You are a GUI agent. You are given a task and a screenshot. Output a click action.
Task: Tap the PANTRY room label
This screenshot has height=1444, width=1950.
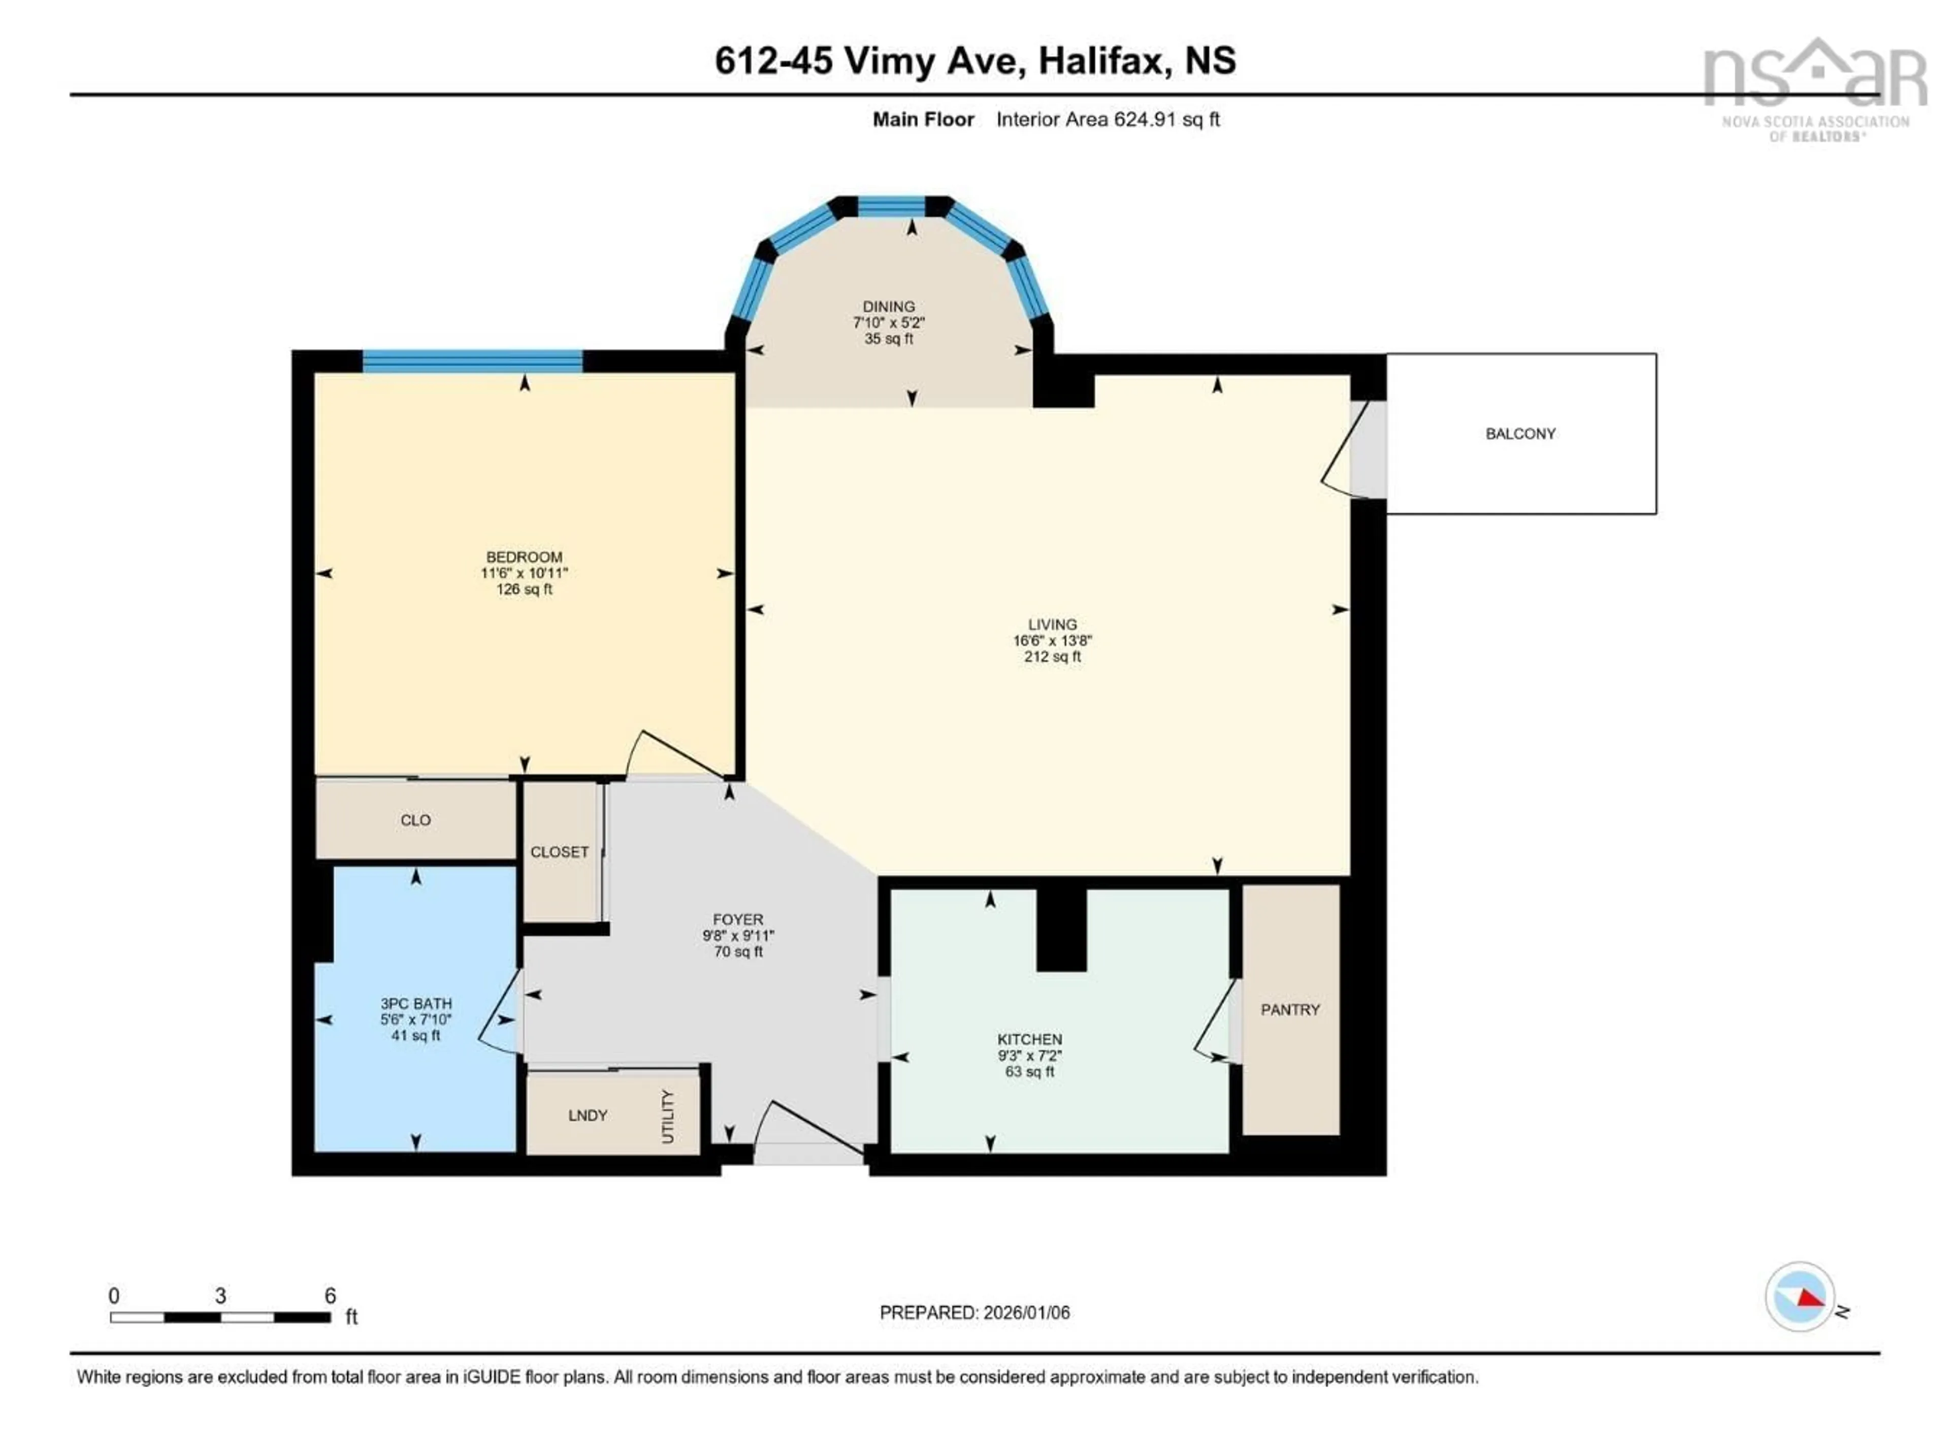1289,1009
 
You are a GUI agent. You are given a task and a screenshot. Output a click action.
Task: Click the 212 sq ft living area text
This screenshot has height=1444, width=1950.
1052,657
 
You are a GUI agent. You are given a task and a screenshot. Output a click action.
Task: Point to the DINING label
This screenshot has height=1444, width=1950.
888,307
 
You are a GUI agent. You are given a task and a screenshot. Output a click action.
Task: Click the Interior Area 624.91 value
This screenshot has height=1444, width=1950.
1143,120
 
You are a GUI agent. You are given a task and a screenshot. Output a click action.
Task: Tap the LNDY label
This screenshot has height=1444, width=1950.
588,1116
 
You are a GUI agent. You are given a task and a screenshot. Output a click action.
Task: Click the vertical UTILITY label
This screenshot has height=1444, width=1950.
668,1116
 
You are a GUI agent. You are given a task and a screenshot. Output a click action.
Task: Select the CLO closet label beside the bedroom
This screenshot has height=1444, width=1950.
415,820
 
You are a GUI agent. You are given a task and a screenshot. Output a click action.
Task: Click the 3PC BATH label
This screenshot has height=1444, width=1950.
415,1003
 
